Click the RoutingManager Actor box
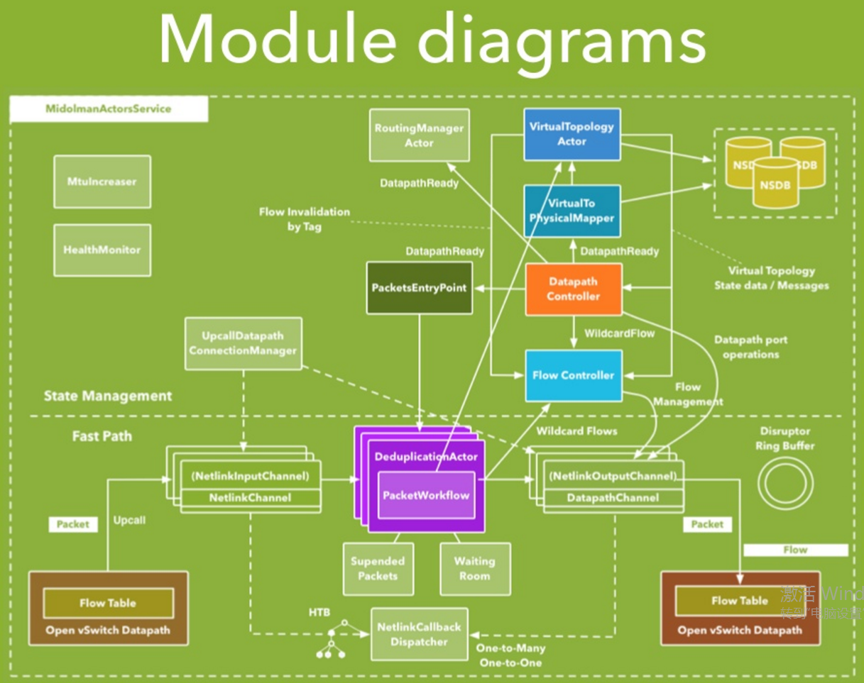pyautogui.click(x=419, y=135)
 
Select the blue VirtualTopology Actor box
pyautogui.click(x=572, y=134)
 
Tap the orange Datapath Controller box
pyautogui.click(x=573, y=289)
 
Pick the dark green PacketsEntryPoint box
pyautogui.click(x=419, y=288)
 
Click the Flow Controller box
pyautogui.click(x=573, y=375)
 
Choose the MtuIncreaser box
pyautogui.click(x=102, y=182)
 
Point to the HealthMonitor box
pyautogui.click(x=102, y=250)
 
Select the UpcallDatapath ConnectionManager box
pyautogui.click(x=243, y=343)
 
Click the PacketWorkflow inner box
pyautogui.click(x=426, y=495)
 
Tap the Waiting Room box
pyautogui.click(x=474, y=568)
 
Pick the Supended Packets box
pyautogui.click(x=378, y=568)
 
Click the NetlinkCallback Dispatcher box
pyautogui.click(x=419, y=635)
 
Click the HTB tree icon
pyautogui.click(x=331, y=638)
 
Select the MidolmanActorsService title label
pyautogui.click(x=109, y=109)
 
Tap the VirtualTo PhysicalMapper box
pyautogui.click(x=572, y=211)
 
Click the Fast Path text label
pyautogui.click(x=102, y=436)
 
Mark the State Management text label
pyautogui.click(x=108, y=396)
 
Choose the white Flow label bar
pyautogui.click(x=795, y=550)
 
